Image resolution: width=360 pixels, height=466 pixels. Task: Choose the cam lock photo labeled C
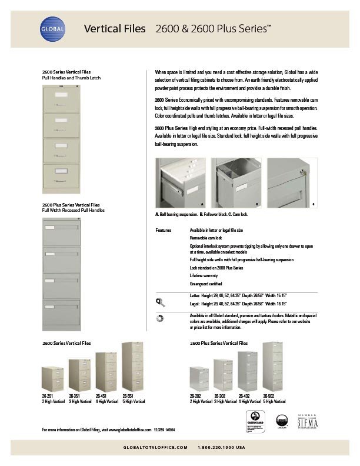click(292, 183)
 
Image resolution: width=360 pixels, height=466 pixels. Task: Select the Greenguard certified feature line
click(205, 282)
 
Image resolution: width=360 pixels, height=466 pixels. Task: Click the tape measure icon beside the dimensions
click(159, 301)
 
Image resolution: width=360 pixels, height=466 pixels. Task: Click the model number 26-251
click(46, 397)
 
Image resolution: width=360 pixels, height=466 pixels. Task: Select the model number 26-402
click(244, 397)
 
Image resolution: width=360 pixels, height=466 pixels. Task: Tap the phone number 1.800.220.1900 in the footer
click(221, 448)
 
